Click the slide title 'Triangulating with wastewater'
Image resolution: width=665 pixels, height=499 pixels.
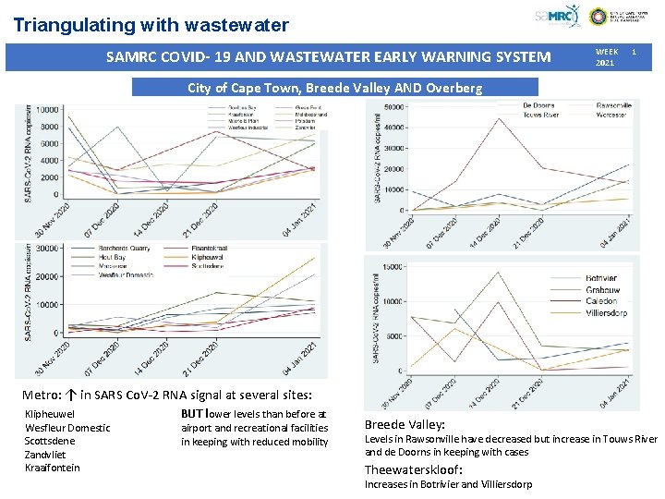pyautogui.click(x=151, y=26)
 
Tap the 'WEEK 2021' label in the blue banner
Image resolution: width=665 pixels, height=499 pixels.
pyautogui.click(x=607, y=57)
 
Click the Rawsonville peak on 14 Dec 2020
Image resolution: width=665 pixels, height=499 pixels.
pyautogui.click(x=500, y=118)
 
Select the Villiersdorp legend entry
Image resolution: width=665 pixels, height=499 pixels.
pyautogui.click(x=608, y=313)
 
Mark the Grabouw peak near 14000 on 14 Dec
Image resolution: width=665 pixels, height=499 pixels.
pyautogui.click(x=500, y=273)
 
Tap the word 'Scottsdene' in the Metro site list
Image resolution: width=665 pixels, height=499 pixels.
pyautogui.click(x=50, y=441)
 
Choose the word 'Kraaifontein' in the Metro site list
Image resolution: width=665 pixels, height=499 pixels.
pyautogui.click(x=53, y=468)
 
